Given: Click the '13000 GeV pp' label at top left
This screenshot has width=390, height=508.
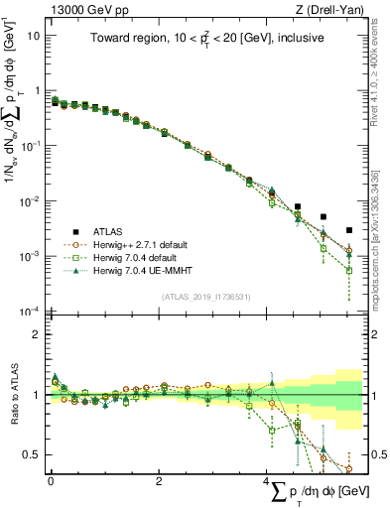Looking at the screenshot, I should coord(80,9).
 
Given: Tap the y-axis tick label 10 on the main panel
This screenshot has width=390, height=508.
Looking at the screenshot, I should coord(32,35).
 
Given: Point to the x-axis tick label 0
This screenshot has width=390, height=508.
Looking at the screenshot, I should coord(51,481).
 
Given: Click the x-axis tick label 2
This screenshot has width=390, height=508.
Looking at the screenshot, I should coord(159,481).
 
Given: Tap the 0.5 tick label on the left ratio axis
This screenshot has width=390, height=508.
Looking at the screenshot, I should coord(30,455).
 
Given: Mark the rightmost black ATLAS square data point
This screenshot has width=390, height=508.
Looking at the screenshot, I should coord(348,230).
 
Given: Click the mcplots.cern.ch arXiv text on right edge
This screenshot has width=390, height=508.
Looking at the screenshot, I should coord(381,228).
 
